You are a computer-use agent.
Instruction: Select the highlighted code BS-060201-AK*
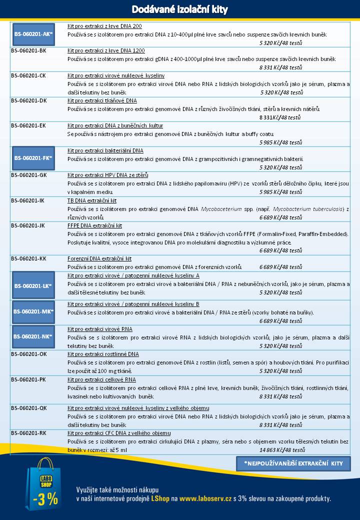pyautogui.click(x=33, y=34)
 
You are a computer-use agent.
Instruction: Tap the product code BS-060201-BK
pyautogui.click(x=29, y=51)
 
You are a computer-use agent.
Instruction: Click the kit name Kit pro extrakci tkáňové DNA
pyautogui.click(x=102, y=100)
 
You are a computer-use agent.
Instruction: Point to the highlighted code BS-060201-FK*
pyautogui.click(x=33, y=158)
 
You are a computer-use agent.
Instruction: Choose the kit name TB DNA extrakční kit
pyautogui.click(x=92, y=200)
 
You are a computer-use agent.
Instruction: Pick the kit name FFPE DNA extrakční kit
pyautogui.click(x=94, y=225)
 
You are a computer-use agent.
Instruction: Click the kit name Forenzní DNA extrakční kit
pyautogui.click(x=99, y=258)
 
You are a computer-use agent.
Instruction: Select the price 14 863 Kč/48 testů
pyautogui.click(x=281, y=450)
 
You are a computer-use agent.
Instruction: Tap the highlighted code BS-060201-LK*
pyautogui.click(x=33, y=286)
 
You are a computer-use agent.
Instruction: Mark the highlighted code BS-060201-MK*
pyautogui.click(x=33, y=311)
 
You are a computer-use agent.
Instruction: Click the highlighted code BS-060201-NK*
pyautogui.click(x=33, y=336)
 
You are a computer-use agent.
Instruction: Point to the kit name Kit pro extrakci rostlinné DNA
pyautogui.click(x=103, y=354)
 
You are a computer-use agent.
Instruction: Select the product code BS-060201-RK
pyautogui.click(x=28, y=433)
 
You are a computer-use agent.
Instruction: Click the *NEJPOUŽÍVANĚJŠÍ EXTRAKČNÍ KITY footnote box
pyautogui.click(x=293, y=463)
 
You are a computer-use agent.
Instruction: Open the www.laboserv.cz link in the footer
pyautogui.click(x=205, y=498)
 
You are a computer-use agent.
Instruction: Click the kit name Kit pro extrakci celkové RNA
pyautogui.click(x=101, y=379)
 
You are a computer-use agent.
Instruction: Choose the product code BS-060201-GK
pyautogui.click(x=29, y=175)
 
